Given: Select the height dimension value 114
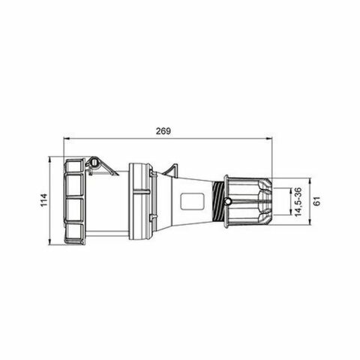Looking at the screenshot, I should [x=43, y=201].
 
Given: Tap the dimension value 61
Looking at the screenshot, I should [x=316, y=201].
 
